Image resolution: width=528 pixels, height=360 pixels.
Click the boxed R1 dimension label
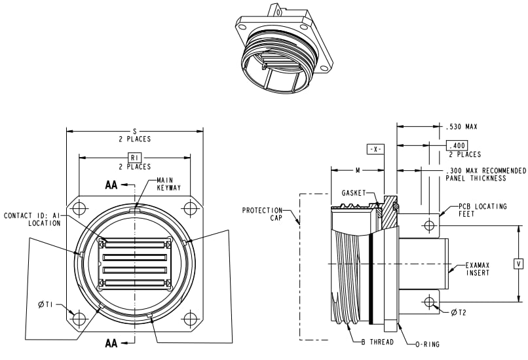(x=134, y=158)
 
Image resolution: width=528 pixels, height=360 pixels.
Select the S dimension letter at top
(x=135, y=132)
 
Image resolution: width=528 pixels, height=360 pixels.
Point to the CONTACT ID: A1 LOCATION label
(x=32, y=219)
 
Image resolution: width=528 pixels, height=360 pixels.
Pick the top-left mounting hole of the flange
(x=80, y=209)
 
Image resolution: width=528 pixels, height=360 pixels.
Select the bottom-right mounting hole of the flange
(x=190, y=319)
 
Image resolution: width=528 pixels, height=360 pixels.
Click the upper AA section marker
(x=111, y=185)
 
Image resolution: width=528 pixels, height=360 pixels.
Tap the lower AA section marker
(x=111, y=342)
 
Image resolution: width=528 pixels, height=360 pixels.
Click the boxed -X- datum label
(x=375, y=149)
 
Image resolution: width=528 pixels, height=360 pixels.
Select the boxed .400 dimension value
(x=457, y=145)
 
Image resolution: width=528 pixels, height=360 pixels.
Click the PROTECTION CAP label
(x=262, y=215)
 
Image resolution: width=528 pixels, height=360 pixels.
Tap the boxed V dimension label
(x=519, y=264)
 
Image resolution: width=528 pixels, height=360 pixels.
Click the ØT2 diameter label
(x=458, y=312)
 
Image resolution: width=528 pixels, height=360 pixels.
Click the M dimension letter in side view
(x=358, y=170)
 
